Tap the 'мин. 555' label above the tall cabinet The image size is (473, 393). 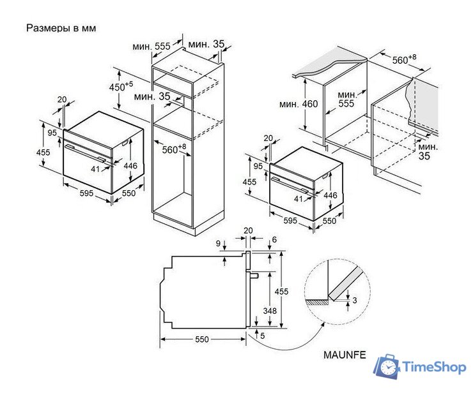click(151, 47)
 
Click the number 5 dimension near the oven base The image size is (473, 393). click(262, 335)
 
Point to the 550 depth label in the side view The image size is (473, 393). click(201, 339)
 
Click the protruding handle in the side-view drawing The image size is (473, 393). click(253, 276)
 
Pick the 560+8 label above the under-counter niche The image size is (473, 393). click(404, 60)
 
